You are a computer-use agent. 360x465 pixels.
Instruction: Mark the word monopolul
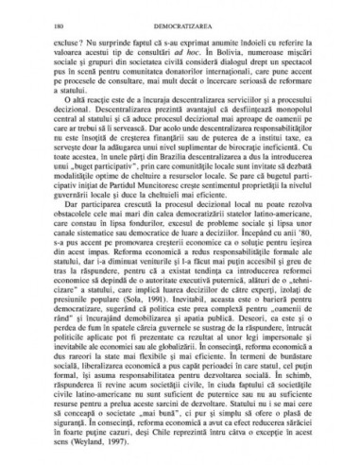[308, 122]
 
